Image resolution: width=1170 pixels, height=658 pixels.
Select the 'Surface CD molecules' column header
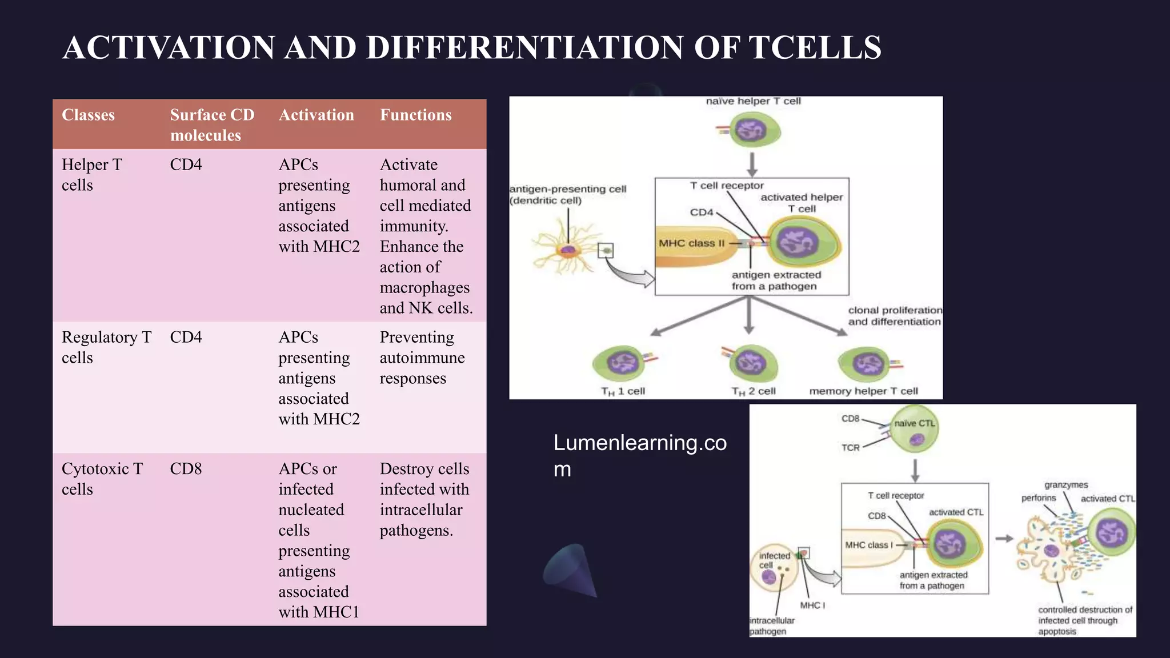click(x=212, y=125)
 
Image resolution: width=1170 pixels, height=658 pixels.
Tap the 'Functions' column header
click(x=415, y=115)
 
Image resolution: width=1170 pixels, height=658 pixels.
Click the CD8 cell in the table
click(x=186, y=469)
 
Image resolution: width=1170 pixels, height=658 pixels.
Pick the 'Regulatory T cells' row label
click(x=106, y=347)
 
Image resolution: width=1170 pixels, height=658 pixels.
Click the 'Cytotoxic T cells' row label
click(x=102, y=479)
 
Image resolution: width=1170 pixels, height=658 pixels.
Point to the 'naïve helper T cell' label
click(x=753, y=101)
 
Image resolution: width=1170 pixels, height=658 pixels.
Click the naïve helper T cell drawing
click(x=754, y=130)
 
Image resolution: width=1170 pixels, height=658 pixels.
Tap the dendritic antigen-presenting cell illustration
click(x=567, y=250)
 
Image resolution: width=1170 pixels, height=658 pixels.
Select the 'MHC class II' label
click(x=691, y=243)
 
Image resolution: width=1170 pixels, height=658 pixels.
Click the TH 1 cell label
click(x=623, y=391)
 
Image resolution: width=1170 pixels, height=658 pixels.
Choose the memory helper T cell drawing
click(x=865, y=364)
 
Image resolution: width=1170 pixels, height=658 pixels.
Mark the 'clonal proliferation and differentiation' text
click(x=894, y=316)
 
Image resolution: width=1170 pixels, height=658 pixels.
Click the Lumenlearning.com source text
click(x=639, y=455)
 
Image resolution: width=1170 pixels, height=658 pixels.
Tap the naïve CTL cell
click(x=915, y=429)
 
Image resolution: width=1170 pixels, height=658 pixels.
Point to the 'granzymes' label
click(x=1065, y=485)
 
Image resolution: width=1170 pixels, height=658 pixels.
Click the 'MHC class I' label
click(x=868, y=545)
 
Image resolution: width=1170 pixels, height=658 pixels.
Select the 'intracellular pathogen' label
click(x=771, y=625)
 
